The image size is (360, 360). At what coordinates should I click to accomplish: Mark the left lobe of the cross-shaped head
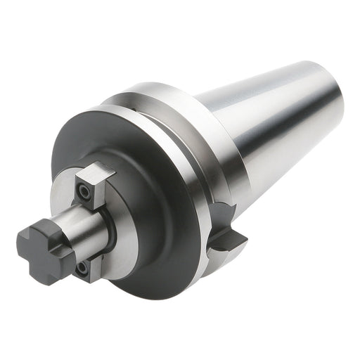tap(25, 243)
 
